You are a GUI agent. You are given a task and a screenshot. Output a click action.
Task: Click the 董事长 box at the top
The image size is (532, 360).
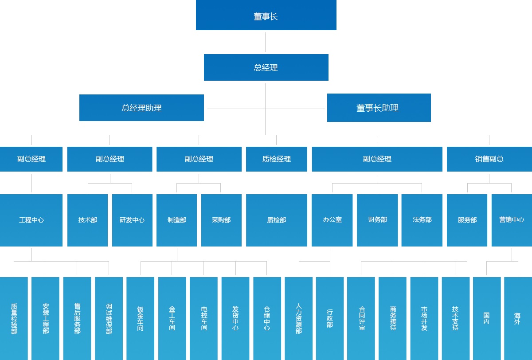pos(266,16)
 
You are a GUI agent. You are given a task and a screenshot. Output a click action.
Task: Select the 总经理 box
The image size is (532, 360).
pos(266,67)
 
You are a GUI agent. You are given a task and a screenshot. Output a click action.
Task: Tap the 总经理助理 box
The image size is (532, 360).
pos(141,108)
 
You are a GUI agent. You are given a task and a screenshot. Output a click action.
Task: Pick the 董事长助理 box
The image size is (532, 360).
pos(379,108)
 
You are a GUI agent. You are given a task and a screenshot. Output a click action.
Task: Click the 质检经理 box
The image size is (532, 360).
pos(276,159)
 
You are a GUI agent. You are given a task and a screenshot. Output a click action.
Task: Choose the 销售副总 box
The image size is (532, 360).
pos(489,159)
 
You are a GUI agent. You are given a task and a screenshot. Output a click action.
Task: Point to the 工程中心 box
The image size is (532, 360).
pos(31,220)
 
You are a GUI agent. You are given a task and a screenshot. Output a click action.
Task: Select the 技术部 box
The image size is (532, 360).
pos(87,220)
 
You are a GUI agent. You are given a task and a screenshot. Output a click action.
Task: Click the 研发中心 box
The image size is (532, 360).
pos(132,220)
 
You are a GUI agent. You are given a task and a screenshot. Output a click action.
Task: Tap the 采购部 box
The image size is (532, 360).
pos(221,220)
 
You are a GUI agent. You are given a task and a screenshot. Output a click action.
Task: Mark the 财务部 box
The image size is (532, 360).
pos(377,220)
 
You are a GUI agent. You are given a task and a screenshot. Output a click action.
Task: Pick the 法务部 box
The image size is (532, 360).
pos(422,220)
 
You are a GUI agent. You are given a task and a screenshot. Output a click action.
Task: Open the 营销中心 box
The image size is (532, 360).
pos(512,220)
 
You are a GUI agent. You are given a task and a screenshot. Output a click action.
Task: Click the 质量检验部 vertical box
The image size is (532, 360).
pos(14,318)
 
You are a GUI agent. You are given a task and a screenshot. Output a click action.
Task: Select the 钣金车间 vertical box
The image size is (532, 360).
pos(140,318)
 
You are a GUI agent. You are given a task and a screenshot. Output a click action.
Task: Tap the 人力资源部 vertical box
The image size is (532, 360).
pos(298,318)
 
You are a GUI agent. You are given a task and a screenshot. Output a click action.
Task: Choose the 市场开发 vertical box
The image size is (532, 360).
pos(424,318)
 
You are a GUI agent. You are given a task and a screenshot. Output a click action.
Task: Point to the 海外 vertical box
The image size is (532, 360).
pos(517,318)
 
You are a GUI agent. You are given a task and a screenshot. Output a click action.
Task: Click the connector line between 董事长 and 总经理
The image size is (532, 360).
pos(266,42)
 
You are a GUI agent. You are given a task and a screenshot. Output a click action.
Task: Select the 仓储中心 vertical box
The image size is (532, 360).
pos(267,318)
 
